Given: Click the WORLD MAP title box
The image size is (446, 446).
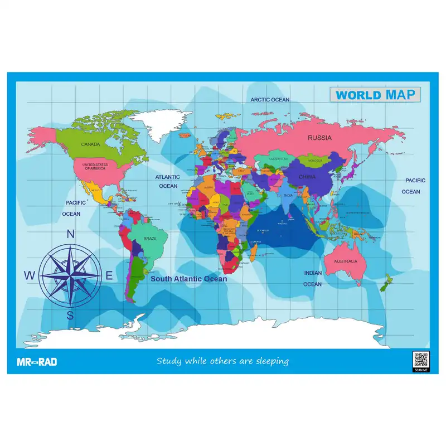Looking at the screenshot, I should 375,95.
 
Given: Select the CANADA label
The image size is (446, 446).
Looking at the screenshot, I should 90,144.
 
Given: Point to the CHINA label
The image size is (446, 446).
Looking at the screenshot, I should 306,177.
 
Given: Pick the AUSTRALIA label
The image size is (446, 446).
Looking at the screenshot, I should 345,261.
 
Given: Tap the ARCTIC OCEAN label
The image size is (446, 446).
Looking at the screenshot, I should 270,100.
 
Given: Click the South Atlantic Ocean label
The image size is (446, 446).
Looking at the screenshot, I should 189,279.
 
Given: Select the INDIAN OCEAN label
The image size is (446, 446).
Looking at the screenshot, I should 312,278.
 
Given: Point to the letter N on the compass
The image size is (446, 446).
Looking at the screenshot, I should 71,235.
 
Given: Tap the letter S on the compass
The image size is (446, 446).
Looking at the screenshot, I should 70,316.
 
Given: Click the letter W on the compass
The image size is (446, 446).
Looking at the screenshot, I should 30,275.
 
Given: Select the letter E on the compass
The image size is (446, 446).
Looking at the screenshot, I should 109,275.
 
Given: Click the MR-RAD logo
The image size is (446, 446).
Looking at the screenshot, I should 33,362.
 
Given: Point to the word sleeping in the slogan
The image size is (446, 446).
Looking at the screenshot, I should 272,361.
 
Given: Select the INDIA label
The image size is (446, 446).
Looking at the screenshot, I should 288,196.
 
